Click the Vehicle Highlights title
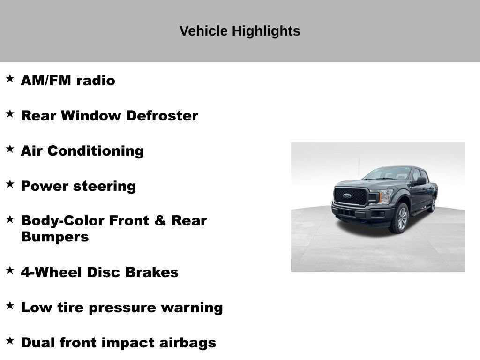click(x=240, y=31)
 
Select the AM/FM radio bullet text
click(x=68, y=81)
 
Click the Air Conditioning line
click(x=82, y=151)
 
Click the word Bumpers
click(x=54, y=237)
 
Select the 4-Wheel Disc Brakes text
click(x=99, y=272)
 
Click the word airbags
click(x=187, y=343)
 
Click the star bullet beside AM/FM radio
click(x=10, y=78)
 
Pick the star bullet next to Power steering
click(x=10, y=184)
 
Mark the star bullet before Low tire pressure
click(x=10, y=305)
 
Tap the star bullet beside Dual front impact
click(x=10, y=340)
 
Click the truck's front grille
click(x=351, y=196)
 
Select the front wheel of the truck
click(x=400, y=218)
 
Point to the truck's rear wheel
click(x=432, y=204)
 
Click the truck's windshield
click(x=388, y=173)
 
